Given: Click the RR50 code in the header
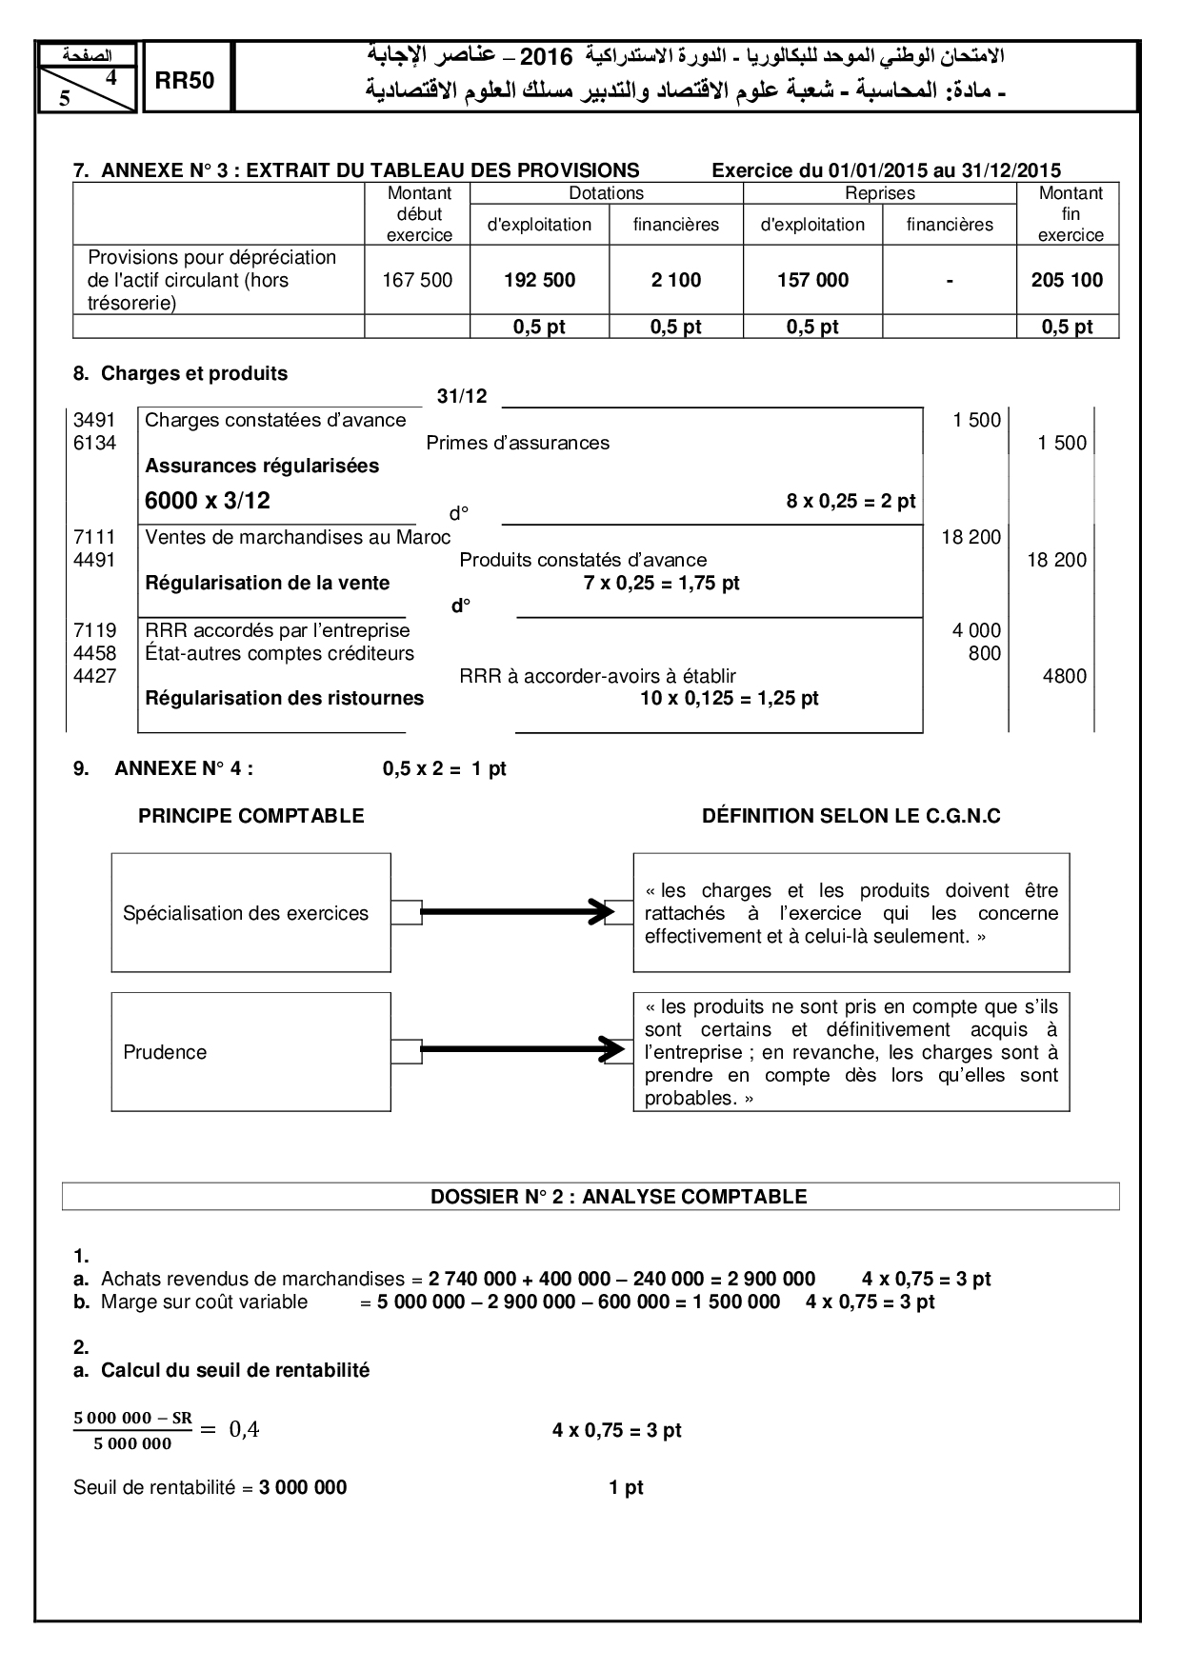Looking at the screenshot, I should pyautogui.click(x=185, y=81).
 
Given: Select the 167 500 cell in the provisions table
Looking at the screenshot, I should pyautogui.click(x=417, y=280).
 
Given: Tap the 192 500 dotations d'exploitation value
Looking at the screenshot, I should pyautogui.click(x=539, y=280).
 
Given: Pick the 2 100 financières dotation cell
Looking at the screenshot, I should pyautogui.click(x=676, y=280).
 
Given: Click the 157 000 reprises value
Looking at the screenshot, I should pyautogui.click(x=812, y=280).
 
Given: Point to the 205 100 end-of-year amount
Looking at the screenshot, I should pyautogui.click(x=1067, y=280).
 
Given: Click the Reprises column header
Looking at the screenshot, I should pyautogui.click(x=879, y=193).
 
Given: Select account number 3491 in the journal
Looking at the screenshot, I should pyautogui.click(x=95, y=420).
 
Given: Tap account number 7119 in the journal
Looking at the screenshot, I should pyautogui.click(x=95, y=630).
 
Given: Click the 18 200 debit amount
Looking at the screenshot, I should pyautogui.click(x=971, y=537).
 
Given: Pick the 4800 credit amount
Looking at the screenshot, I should pyautogui.click(x=1065, y=676).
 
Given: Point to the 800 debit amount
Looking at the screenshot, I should pyautogui.click(x=985, y=653).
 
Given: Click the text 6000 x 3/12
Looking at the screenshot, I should pyautogui.click(x=208, y=501).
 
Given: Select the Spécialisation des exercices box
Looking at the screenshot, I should pyautogui.click(x=250, y=913).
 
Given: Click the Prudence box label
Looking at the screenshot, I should pyautogui.click(x=165, y=1052).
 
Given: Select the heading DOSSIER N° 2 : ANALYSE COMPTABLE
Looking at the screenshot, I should pyautogui.click(x=618, y=1197).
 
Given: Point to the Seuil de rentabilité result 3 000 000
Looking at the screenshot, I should pyautogui.click(x=303, y=1487).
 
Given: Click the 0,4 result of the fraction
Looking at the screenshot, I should pyautogui.click(x=244, y=1430).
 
